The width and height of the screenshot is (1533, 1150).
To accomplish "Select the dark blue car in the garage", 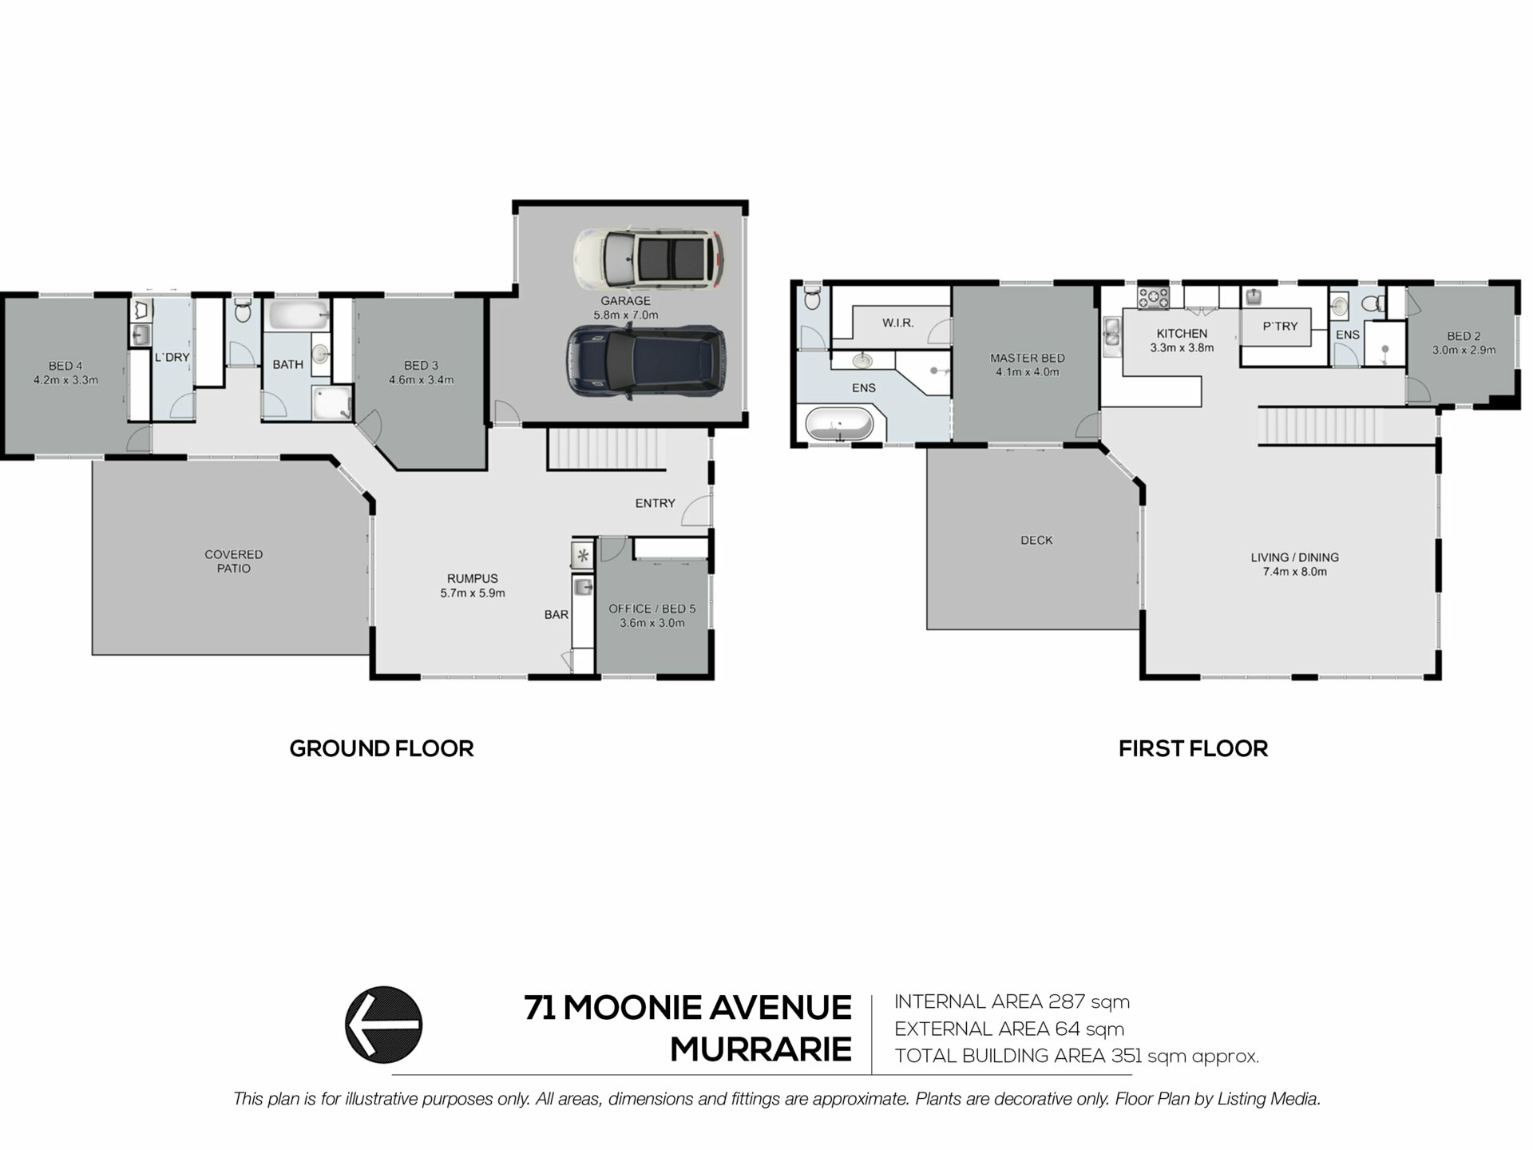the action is click(647, 362).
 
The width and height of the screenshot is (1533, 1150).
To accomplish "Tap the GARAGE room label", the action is click(625, 301).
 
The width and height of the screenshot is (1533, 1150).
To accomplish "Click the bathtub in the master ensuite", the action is click(839, 423).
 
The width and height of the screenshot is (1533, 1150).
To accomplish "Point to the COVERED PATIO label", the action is click(233, 561).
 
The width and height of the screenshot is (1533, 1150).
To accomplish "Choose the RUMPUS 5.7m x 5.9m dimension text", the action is click(473, 593).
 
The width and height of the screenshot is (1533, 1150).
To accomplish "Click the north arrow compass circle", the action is click(383, 1025).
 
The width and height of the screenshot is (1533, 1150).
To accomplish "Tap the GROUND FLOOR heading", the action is click(382, 748).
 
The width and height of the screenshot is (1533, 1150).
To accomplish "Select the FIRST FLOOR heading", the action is click(1193, 748).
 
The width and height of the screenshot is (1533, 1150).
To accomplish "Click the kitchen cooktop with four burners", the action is click(1154, 298).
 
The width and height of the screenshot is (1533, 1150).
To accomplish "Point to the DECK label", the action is click(1036, 541).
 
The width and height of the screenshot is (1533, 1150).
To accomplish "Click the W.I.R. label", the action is click(897, 323).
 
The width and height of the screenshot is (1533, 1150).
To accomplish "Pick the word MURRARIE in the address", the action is click(761, 1049).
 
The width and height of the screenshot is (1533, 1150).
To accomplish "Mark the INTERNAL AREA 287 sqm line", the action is click(1012, 1001).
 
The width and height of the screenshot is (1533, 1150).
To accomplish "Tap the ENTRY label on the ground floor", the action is click(655, 503).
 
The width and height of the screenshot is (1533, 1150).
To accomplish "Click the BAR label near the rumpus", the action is click(557, 615).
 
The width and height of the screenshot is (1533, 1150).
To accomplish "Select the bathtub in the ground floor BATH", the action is click(299, 315).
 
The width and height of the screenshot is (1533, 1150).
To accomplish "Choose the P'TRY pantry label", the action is click(1280, 326).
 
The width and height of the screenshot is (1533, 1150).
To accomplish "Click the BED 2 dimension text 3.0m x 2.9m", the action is click(1464, 350).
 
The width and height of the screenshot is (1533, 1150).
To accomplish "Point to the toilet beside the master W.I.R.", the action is click(812, 299).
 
